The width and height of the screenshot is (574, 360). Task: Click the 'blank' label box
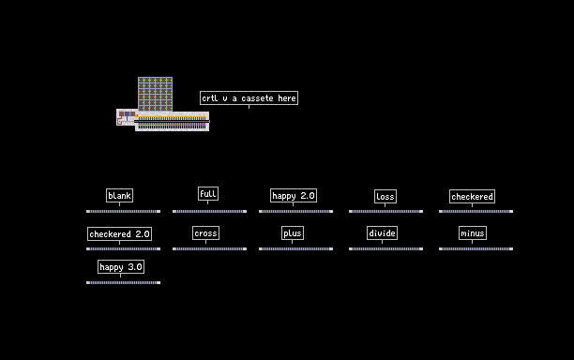click(119, 195)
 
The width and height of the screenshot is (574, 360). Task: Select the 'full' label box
click(208, 193)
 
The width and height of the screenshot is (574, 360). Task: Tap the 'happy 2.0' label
click(294, 195)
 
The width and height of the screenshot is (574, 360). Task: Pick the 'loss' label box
click(385, 197)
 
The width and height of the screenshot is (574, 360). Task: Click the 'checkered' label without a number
click(472, 197)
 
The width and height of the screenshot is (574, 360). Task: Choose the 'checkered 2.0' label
click(119, 233)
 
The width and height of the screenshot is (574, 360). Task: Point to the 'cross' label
click(205, 233)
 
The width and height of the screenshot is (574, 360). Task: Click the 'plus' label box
click(293, 233)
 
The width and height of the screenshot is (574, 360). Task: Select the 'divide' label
click(382, 233)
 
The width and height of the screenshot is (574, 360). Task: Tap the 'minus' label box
click(473, 233)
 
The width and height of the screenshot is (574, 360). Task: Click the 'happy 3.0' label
click(121, 266)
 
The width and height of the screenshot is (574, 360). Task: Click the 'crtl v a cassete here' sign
click(249, 98)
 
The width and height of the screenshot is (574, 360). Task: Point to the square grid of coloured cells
click(155, 94)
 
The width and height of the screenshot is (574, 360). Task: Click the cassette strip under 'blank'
click(124, 212)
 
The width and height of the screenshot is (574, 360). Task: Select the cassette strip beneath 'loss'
click(385, 212)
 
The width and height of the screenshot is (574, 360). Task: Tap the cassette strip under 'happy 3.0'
click(124, 282)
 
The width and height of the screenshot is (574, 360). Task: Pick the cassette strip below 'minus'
click(476, 248)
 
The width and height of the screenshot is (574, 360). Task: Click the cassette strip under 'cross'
click(209, 248)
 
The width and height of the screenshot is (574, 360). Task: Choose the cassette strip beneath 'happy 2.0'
click(295, 212)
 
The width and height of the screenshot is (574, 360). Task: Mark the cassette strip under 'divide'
click(385, 248)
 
